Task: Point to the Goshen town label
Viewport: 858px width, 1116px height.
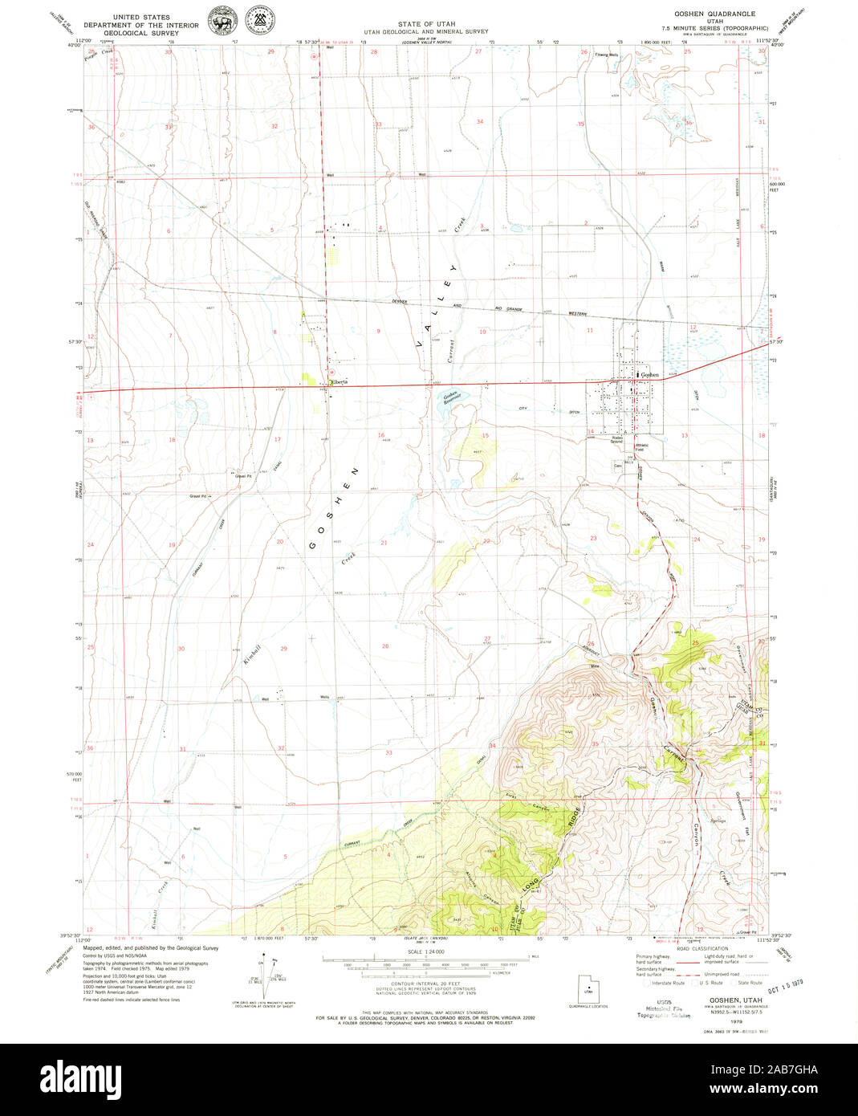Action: [x=649, y=375]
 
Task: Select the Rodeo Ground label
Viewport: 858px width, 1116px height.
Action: [x=616, y=440]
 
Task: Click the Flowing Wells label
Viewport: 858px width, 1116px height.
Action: [x=607, y=55]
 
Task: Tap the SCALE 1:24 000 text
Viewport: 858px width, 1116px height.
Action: [x=425, y=952]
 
